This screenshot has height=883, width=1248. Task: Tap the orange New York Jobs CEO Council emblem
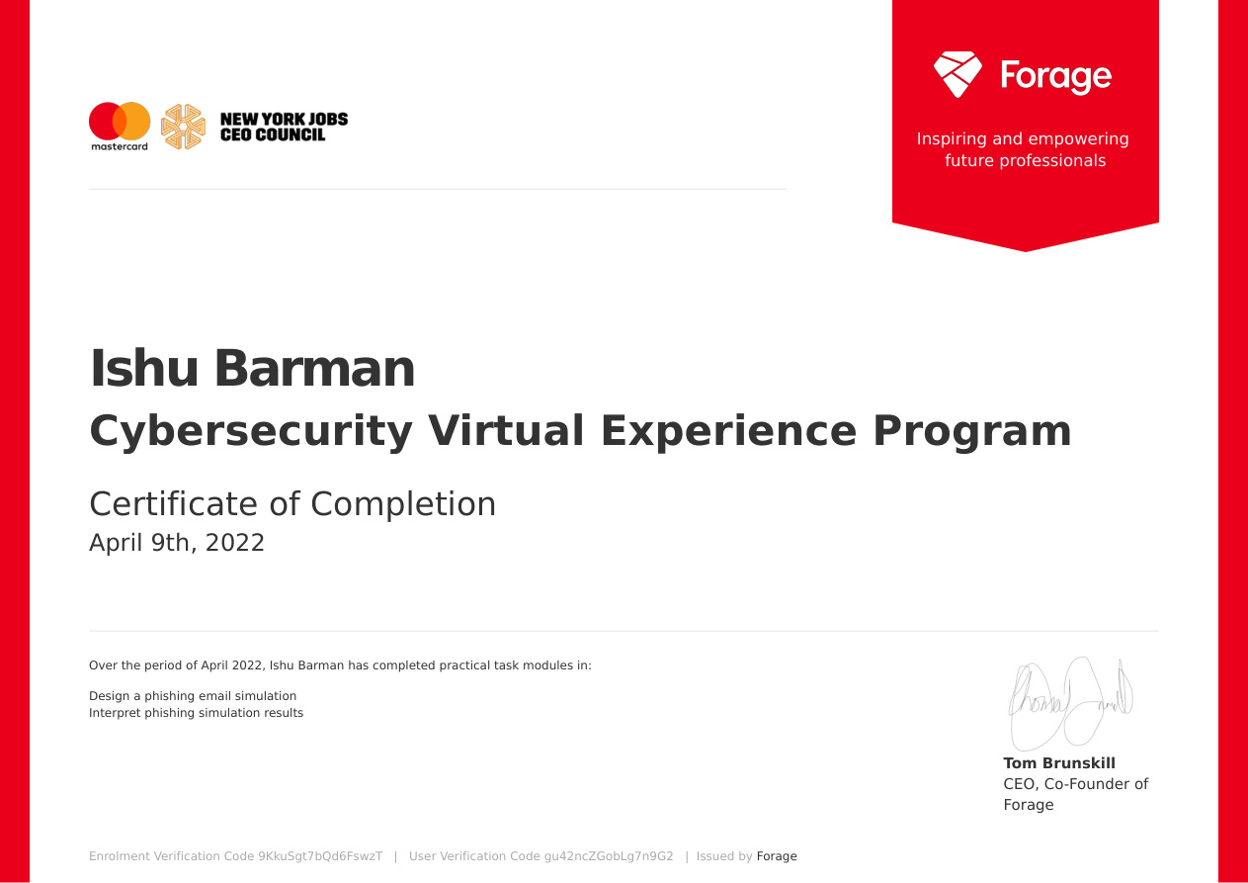pos(182,127)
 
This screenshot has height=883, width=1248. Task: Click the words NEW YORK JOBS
pos(284,120)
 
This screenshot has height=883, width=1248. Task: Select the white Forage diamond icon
pos(957,74)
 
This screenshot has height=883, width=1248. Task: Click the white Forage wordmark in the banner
pos(1055,76)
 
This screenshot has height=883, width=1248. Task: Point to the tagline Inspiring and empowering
pos(1023,138)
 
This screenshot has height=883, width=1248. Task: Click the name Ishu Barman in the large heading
pos(252,369)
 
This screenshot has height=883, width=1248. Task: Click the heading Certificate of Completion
pos(292,503)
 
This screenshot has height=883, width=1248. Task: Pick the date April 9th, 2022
pos(177,543)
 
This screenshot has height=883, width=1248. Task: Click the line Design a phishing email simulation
pos(193,696)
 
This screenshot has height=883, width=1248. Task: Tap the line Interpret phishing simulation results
pos(196,713)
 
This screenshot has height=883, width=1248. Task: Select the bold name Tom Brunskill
pos(1059,763)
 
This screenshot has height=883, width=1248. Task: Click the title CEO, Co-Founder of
pos(1075,784)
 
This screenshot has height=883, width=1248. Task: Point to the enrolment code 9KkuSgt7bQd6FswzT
pos(320,856)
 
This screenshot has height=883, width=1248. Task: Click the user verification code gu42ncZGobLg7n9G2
pos(609,856)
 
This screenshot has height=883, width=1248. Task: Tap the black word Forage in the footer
pos(777,856)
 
